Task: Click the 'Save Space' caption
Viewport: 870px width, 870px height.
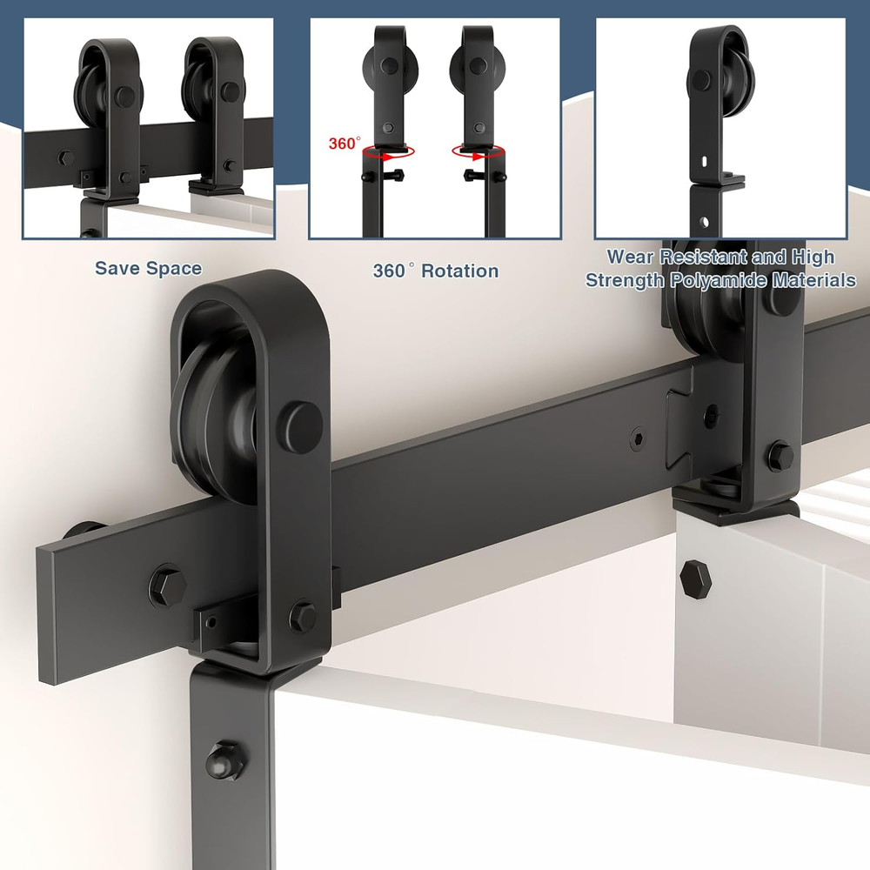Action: click(x=148, y=268)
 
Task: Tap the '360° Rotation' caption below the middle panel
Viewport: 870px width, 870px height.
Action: click(x=436, y=271)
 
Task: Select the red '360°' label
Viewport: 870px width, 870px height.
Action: click(x=345, y=144)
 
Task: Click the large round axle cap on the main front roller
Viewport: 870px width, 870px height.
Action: click(x=301, y=427)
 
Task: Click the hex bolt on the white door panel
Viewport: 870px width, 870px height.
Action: click(x=696, y=579)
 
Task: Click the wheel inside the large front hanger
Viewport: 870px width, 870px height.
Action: click(x=214, y=412)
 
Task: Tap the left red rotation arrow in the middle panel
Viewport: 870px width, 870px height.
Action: click(x=388, y=152)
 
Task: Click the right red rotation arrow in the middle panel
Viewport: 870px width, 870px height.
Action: click(x=478, y=152)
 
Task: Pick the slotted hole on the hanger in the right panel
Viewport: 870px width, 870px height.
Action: click(x=704, y=162)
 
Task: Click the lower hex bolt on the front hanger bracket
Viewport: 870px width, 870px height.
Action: click(x=303, y=617)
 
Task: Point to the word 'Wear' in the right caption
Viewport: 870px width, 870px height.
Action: click(x=630, y=257)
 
